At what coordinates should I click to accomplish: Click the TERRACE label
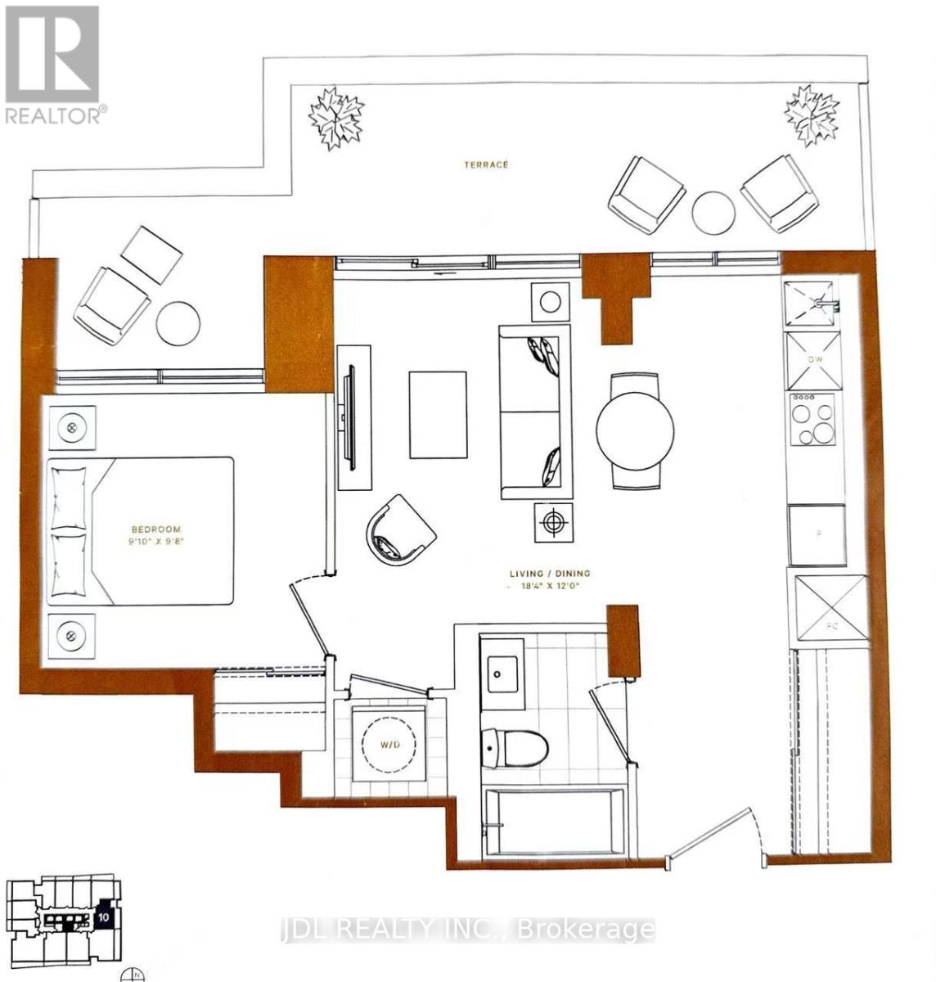click(x=485, y=164)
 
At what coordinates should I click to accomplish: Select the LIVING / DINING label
click(x=548, y=574)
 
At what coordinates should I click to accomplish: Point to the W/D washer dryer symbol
click(x=389, y=744)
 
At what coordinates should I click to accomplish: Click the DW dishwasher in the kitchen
click(x=813, y=360)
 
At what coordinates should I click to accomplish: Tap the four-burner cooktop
click(x=812, y=419)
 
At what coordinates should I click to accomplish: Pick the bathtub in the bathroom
click(x=553, y=823)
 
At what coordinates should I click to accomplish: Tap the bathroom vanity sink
click(x=501, y=674)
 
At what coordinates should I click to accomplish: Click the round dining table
click(x=635, y=430)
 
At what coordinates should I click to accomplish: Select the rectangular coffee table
click(x=439, y=415)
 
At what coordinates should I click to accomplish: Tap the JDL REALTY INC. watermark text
click(x=466, y=929)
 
